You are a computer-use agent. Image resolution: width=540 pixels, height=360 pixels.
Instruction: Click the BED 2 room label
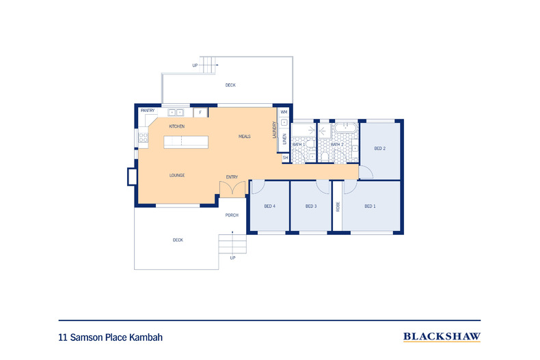[x=380, y=148]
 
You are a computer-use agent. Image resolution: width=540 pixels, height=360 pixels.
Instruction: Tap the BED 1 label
[x=370, y=206]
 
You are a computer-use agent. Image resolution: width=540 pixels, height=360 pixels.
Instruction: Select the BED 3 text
[x=311, y=206]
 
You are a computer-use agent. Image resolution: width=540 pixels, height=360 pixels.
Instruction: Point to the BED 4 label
[x=270, y=206]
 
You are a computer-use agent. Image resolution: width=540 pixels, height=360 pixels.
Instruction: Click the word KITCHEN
[x=177, y=127]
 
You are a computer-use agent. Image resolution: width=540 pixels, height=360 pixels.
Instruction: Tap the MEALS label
[x=244, y=136]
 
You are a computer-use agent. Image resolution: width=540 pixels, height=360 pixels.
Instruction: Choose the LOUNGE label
[x=177, y=176]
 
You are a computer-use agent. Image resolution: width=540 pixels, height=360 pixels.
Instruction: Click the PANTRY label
[x=148, y=111]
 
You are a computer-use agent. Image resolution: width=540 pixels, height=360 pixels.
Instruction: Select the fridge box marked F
[x=200, y=112]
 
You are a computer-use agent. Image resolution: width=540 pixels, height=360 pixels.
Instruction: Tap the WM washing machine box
[x=284, y=111]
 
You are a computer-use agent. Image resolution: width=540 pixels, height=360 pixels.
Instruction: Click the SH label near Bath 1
[x=285, y=157]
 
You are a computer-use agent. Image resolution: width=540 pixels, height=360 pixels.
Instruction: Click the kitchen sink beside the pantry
[x=176, y=112]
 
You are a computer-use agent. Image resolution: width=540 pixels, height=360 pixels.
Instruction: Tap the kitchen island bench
[x=185, y=142]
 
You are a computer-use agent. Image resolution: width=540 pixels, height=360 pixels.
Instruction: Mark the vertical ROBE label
[x=337, y=206]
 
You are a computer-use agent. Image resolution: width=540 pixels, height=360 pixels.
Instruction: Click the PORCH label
[x=232, y=215]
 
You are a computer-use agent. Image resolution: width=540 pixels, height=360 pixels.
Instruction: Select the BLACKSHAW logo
[x=442, y=336]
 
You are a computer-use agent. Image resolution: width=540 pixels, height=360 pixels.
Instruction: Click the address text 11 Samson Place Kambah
[x=111, y=337]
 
